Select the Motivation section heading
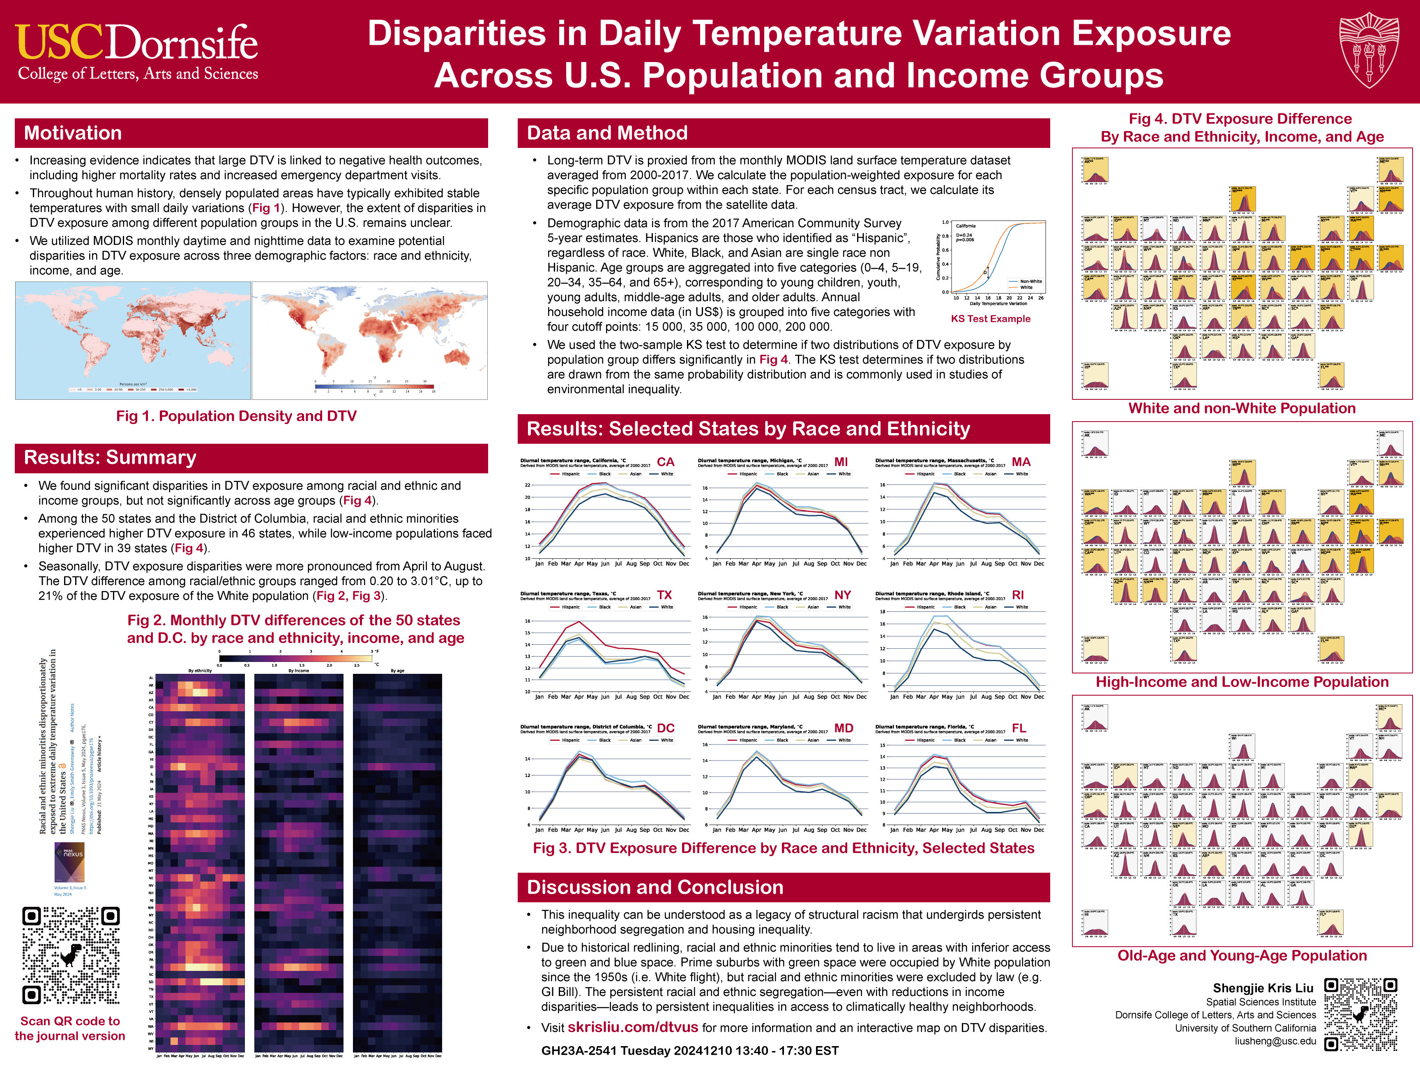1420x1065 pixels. (73, 133)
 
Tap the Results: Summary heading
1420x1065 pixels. (110, 457)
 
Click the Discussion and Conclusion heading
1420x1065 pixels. (655, 887)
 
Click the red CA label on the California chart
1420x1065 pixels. (666, 461)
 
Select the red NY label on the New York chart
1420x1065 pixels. (842, 595)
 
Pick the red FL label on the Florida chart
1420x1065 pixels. (1019, 728)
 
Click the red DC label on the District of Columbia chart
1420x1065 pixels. (666, 728)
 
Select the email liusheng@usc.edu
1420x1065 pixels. (1275, 1041)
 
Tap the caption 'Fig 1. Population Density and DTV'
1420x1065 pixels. (236, 416)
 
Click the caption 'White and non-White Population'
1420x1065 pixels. (1242, 408)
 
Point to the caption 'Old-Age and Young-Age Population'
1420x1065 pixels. (1242, 955)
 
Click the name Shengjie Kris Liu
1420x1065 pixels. (1263, 987)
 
